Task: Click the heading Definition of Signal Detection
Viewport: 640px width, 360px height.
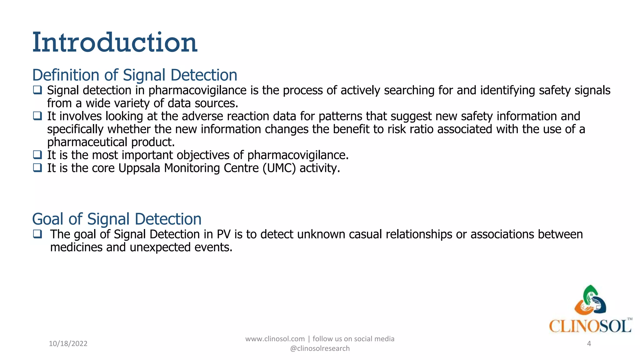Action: pyautogui.click(x=135, y=75)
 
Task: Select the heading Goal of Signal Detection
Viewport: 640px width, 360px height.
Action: pyautogui.click(x=117, y=219)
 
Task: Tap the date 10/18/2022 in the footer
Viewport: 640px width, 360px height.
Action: pyautogui.click(x=68, y=343)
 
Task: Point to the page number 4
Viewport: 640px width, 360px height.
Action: pyautogui.click(x=589, y=343)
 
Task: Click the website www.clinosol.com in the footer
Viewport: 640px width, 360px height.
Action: pyautogui.click(x=275, y=339)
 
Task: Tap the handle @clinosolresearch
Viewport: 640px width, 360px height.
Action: pyautogui.click(x=320, y=348)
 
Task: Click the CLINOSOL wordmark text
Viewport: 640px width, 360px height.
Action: pyautogui.click(x=589, y=327)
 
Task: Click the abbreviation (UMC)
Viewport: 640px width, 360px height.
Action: pyautogui.click(x=279, y=168)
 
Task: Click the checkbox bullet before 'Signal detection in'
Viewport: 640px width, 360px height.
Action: pyautogui.click(x=37, y=90)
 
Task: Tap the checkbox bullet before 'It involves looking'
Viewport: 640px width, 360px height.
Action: pyautogui.click(x=37, y=116)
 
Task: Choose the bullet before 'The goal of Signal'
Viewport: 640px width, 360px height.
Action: pyautogui.click(x=37, y=234)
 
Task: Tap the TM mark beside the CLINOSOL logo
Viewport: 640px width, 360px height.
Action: pyautogui.click(x=630, y=319)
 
